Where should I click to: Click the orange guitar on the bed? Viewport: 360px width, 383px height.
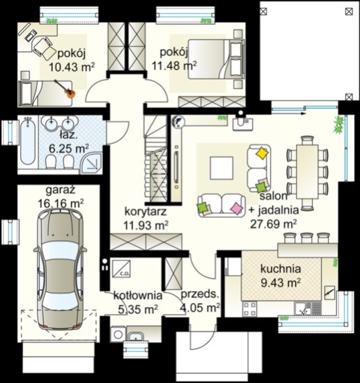[x=67, y=90]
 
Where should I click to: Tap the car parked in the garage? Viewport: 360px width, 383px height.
[x=61, y=269]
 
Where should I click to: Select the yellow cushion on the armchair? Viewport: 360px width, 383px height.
[x=262, y=153]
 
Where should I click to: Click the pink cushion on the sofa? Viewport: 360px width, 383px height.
[x=237, y=209]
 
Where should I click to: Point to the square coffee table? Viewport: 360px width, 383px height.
[x=221, y=169]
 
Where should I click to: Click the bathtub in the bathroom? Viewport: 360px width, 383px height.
[x=28, y=141]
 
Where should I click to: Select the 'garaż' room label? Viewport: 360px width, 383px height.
[x=61, y=190]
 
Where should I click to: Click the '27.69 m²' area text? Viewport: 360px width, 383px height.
[x=274, y=224]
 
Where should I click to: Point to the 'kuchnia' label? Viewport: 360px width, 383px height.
[x=281, y=269]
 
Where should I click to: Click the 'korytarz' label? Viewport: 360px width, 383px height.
[x=146, y=212]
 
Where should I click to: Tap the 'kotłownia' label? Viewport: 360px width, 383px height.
[x=138, y=295]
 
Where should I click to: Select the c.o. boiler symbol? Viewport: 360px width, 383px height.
[x=121, y=268]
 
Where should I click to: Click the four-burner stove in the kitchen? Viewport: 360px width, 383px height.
[x=249, y=308]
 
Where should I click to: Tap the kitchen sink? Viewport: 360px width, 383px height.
[x=303, y=308]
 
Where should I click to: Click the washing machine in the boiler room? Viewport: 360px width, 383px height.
[x=118, y=334]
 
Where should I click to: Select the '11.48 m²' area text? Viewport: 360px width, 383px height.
[x=174, y=65]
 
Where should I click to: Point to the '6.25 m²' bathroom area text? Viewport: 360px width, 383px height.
[x=69, y=148]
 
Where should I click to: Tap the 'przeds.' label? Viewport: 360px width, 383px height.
[x=199, y=294]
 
